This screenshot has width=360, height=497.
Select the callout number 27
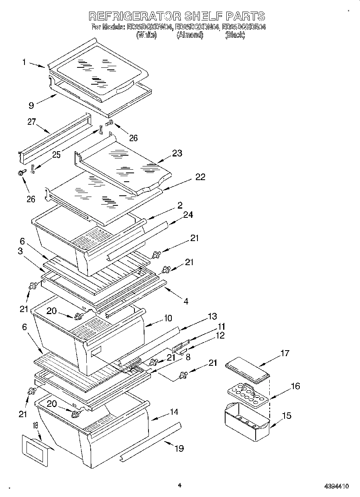coord(32,122)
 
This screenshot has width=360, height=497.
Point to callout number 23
coord(177,153)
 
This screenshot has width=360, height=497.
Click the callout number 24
coord(187,215)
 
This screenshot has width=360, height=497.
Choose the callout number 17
coord(285,353)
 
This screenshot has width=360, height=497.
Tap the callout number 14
coord(174,412)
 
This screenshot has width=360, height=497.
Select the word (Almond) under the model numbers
coord(190,35)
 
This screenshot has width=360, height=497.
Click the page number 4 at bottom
coord(179,485)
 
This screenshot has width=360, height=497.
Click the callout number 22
coord(200,177)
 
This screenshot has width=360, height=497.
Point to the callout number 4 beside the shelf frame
coord(186,300)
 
